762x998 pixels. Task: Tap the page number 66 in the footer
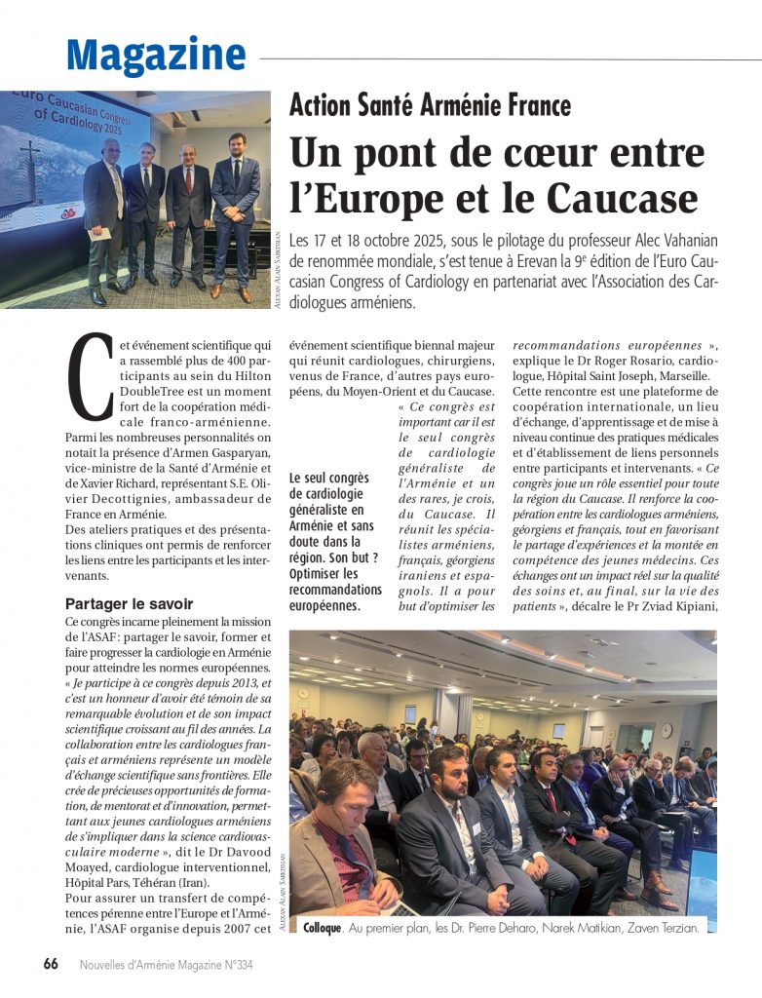(51, 963)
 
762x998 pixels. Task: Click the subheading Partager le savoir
(129, 603)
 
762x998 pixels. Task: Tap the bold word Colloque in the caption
(323, 929)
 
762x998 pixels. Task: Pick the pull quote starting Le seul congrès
(336, 541)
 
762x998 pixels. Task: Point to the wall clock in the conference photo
(666, 730)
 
